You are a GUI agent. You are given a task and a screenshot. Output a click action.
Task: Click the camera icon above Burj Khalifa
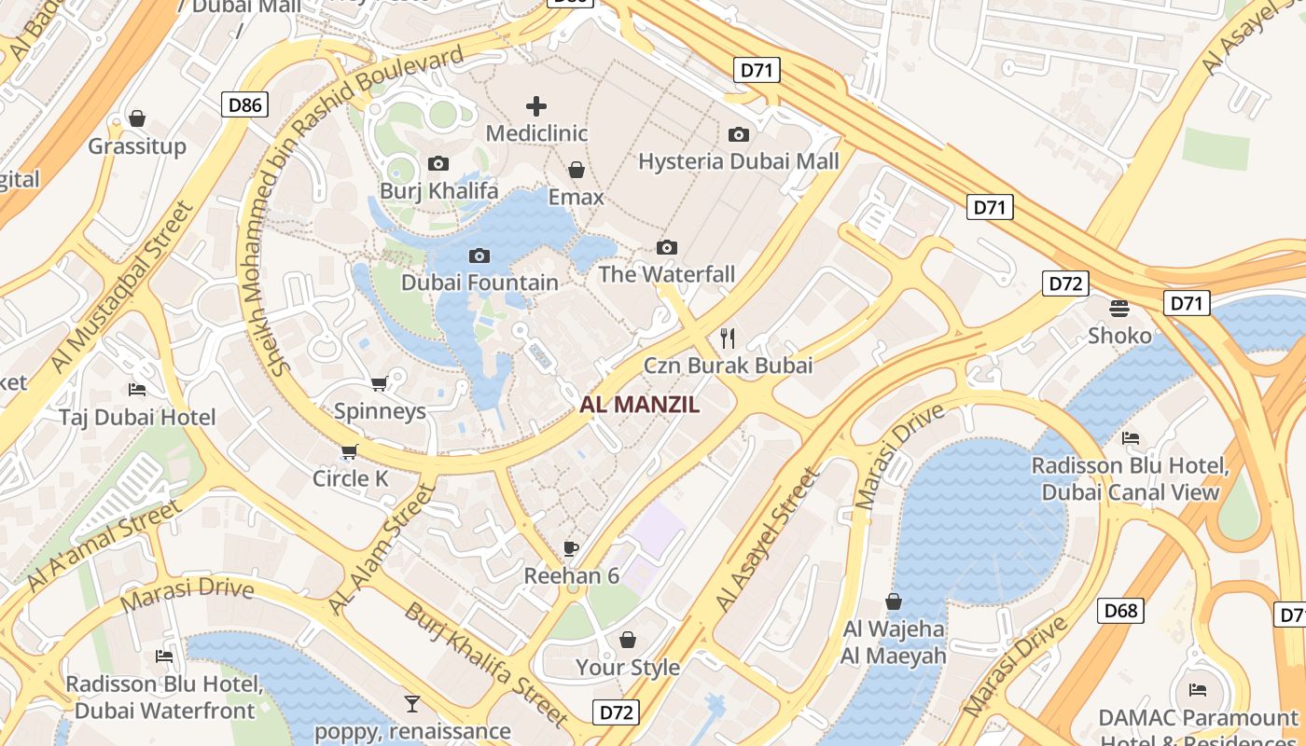point(438,164)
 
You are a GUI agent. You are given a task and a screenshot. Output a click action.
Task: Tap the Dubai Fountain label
point(479,283)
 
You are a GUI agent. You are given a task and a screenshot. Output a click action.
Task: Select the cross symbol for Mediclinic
point(536,106)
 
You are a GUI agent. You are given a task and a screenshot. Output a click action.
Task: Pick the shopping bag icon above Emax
point(577,170)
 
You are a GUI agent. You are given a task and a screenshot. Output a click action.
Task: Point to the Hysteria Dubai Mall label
point(738,161)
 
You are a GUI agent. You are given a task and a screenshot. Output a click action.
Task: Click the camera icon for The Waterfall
point(666,247)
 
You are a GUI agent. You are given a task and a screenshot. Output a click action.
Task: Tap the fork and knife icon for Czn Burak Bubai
point(728,338)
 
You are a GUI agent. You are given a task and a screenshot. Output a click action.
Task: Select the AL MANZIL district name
point(639,405)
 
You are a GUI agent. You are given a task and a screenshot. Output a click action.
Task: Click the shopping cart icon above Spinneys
point(379,384)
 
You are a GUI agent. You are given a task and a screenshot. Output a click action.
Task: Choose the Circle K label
point(351,478)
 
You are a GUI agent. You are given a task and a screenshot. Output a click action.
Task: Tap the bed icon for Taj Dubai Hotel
point(137,390)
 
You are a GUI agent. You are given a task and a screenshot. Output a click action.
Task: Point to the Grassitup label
point(137,146)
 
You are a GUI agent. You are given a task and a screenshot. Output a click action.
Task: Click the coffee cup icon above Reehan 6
point(571,548)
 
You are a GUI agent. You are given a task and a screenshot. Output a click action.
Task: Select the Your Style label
point(627,668)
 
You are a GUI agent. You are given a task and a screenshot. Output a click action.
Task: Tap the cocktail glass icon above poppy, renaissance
point(411,703)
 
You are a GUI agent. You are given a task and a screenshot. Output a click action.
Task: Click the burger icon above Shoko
point(1119,308)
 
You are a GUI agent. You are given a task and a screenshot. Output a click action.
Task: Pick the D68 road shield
point(1120,611)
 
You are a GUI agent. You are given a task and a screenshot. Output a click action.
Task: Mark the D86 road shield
point(245,104)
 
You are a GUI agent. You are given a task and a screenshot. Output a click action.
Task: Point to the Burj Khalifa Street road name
point(486,664)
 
